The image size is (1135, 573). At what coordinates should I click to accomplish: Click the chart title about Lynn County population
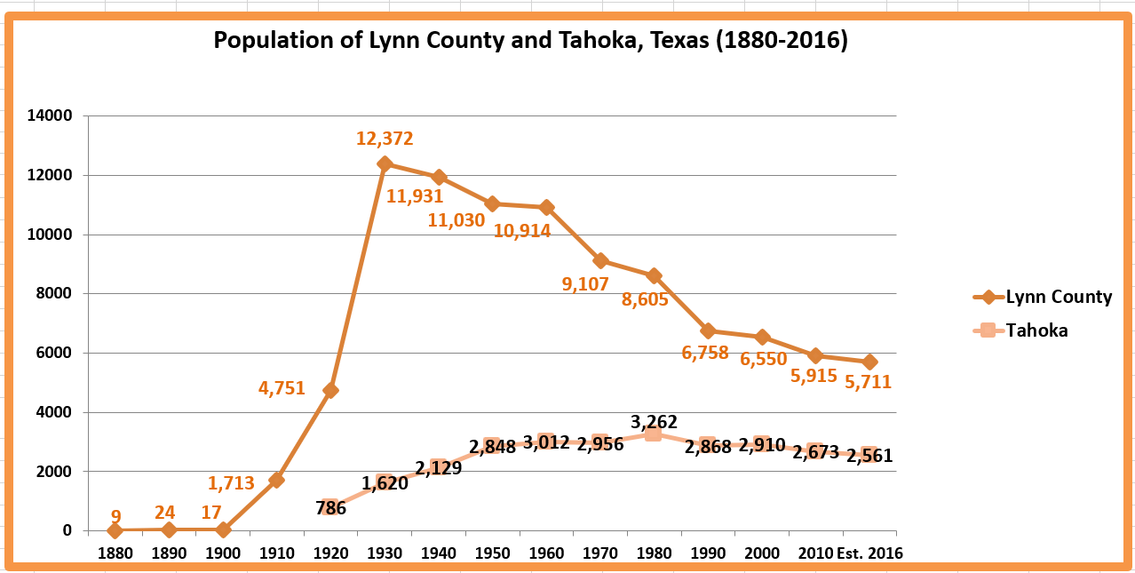click(x=530, y=41)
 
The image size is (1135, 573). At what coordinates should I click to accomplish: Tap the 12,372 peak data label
click(x=385, y=139)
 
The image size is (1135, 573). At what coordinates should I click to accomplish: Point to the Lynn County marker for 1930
click(x=385, y=163)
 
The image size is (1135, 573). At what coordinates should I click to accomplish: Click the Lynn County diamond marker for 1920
click(x=330, y=390)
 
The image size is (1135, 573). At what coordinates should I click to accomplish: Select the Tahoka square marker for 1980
click(x=653, y=434)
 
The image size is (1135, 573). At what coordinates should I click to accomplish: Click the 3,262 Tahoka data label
click(x=660, y=421)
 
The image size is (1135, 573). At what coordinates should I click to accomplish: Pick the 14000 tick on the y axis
click(x=52, y=116)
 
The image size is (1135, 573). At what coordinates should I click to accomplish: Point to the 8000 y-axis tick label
click(x=56, y=294)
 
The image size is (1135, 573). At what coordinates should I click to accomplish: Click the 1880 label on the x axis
click(x=115, y=553)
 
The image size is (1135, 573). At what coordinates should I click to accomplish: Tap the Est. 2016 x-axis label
click(x=870, y=553)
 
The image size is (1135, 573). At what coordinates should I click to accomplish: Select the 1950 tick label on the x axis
click(x=493, y=553)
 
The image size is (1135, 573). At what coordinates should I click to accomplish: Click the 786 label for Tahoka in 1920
click(x=330, y=508)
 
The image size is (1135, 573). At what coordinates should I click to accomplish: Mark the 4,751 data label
click(x=282, y=388)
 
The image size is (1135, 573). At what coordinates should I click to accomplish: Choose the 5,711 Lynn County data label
click(x=868, y=382)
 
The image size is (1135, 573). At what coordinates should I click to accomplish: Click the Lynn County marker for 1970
click(x=600, y=260)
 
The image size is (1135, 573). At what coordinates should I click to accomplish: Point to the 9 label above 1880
click(x=115, y=515)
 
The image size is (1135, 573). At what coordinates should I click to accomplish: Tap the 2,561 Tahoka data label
click(x=869, y=456)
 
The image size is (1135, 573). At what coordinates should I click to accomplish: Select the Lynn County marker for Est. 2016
click(x=869, y=362)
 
